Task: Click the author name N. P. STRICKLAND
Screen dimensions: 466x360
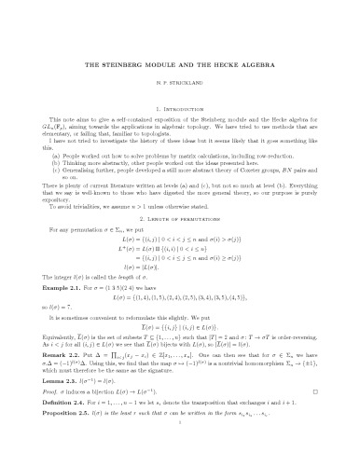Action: [x=180, y=82]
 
